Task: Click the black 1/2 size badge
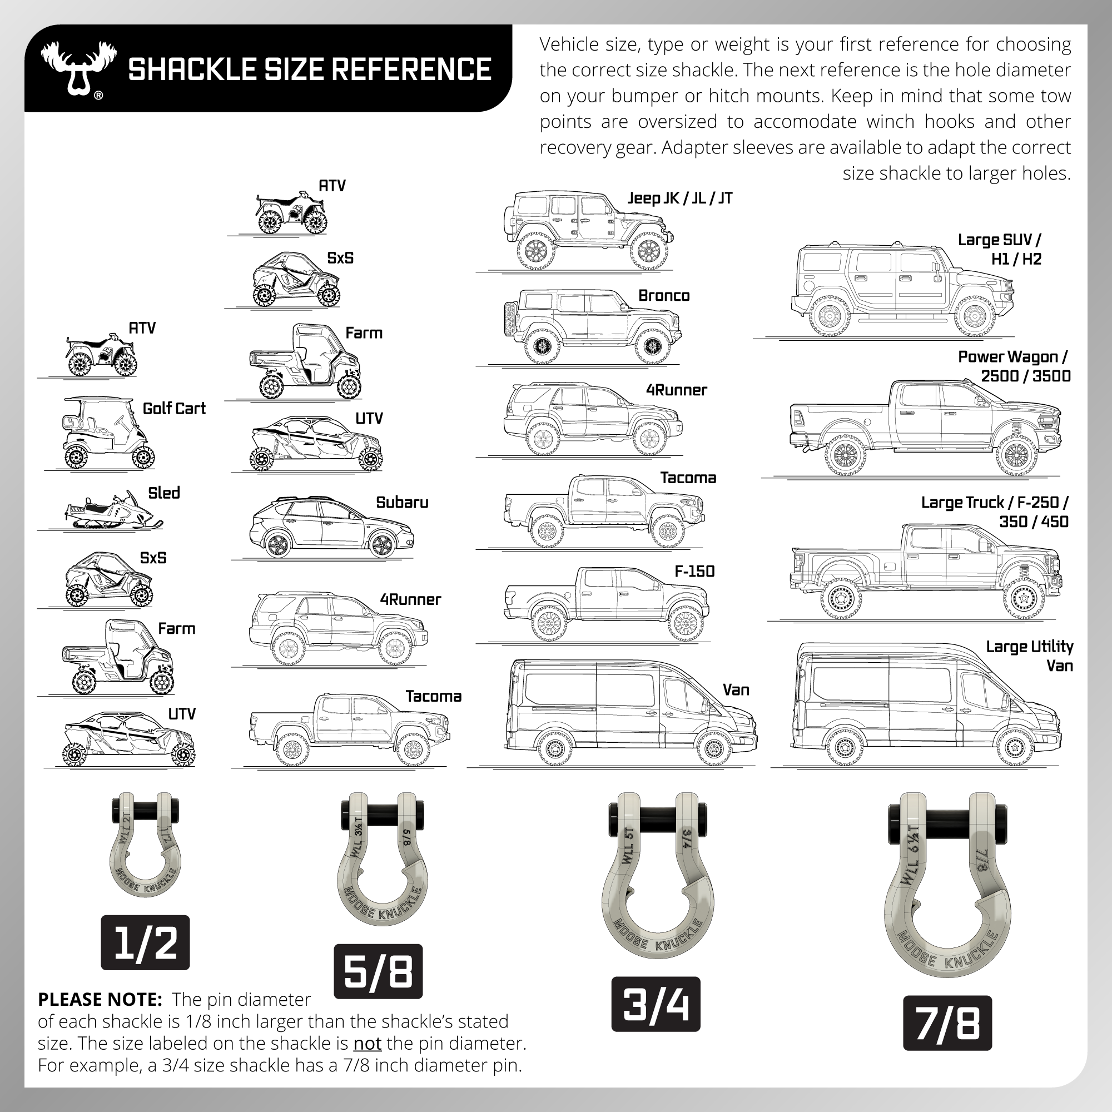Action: tap(145, 943)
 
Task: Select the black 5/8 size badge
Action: tap(378, 971)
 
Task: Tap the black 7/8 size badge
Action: tap(947, 1024)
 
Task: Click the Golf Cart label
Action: tap(174, 409)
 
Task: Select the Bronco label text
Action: tap(664, 296)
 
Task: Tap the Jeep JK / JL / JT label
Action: tap(679, 198)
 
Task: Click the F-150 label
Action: tap(694, 572)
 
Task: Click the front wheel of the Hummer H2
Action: tap(975, 316)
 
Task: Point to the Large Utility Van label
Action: tap(1029, 656)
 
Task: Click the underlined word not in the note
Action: tap(366, 1043)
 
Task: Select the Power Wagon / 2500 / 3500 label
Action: tap(1013, 366)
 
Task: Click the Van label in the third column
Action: tap(736, 690)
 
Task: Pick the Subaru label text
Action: tap(402, 503)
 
